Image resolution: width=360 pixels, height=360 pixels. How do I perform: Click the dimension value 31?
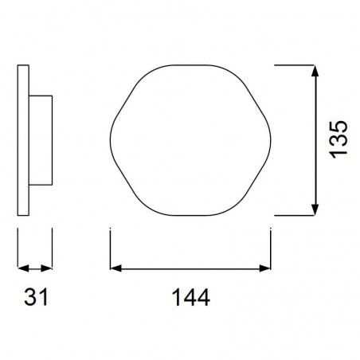[x=36, y=298]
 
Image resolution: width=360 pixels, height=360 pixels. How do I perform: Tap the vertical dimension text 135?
[x=338, y=139]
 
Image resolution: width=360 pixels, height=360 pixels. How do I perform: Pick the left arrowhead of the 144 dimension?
[x=113, y=268]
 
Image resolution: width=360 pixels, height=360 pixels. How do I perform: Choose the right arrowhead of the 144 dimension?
[x=268, y=268]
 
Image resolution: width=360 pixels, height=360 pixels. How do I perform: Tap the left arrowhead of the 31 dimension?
[x=22, y=268]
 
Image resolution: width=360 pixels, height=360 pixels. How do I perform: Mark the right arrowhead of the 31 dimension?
[x=49, y=268]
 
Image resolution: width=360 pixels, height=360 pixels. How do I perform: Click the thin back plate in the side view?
[x=24, y=139]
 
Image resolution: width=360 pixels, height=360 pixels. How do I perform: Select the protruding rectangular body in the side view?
[x=41, y=139]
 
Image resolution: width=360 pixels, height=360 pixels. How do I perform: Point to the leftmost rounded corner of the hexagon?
[x=111, y=140]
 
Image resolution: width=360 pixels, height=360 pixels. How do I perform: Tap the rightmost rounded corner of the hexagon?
[x=271, y=140]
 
